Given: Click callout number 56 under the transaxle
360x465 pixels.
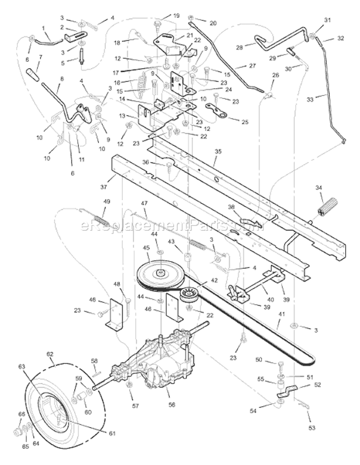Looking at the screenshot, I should coord(172,405).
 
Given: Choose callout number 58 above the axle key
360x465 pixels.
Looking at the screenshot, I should coord(95,360).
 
